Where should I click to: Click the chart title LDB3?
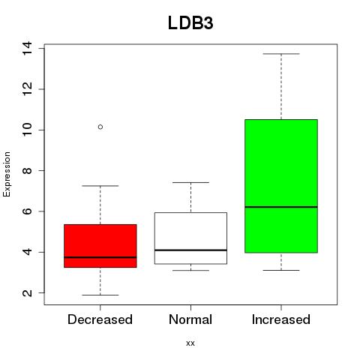pos(190,23)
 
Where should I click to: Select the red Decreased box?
pos(100,246)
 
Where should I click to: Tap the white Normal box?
pos(190,238)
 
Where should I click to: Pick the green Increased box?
pos(281,186)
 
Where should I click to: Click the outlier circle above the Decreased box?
pos(100,127)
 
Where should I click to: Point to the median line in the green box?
pos(281,207)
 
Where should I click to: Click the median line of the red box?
pos(100,257)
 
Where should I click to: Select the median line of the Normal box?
pos(190,250)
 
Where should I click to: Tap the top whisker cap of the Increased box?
pos(281,54)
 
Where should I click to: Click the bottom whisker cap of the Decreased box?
pos(100,295)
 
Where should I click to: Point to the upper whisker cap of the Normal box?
pos(190,182)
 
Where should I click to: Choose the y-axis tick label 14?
pos(27,49)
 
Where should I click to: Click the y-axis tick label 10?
pos(27,130)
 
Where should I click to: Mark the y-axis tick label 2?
pos(27,292)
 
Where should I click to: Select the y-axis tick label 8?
pos(27,170)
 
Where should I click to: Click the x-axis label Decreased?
pos(100,319)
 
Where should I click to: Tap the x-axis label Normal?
pos(190,319)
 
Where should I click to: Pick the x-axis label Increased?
pos(281,319)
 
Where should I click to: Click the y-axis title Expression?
pos(7,174)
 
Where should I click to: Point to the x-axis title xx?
pos(190,343)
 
